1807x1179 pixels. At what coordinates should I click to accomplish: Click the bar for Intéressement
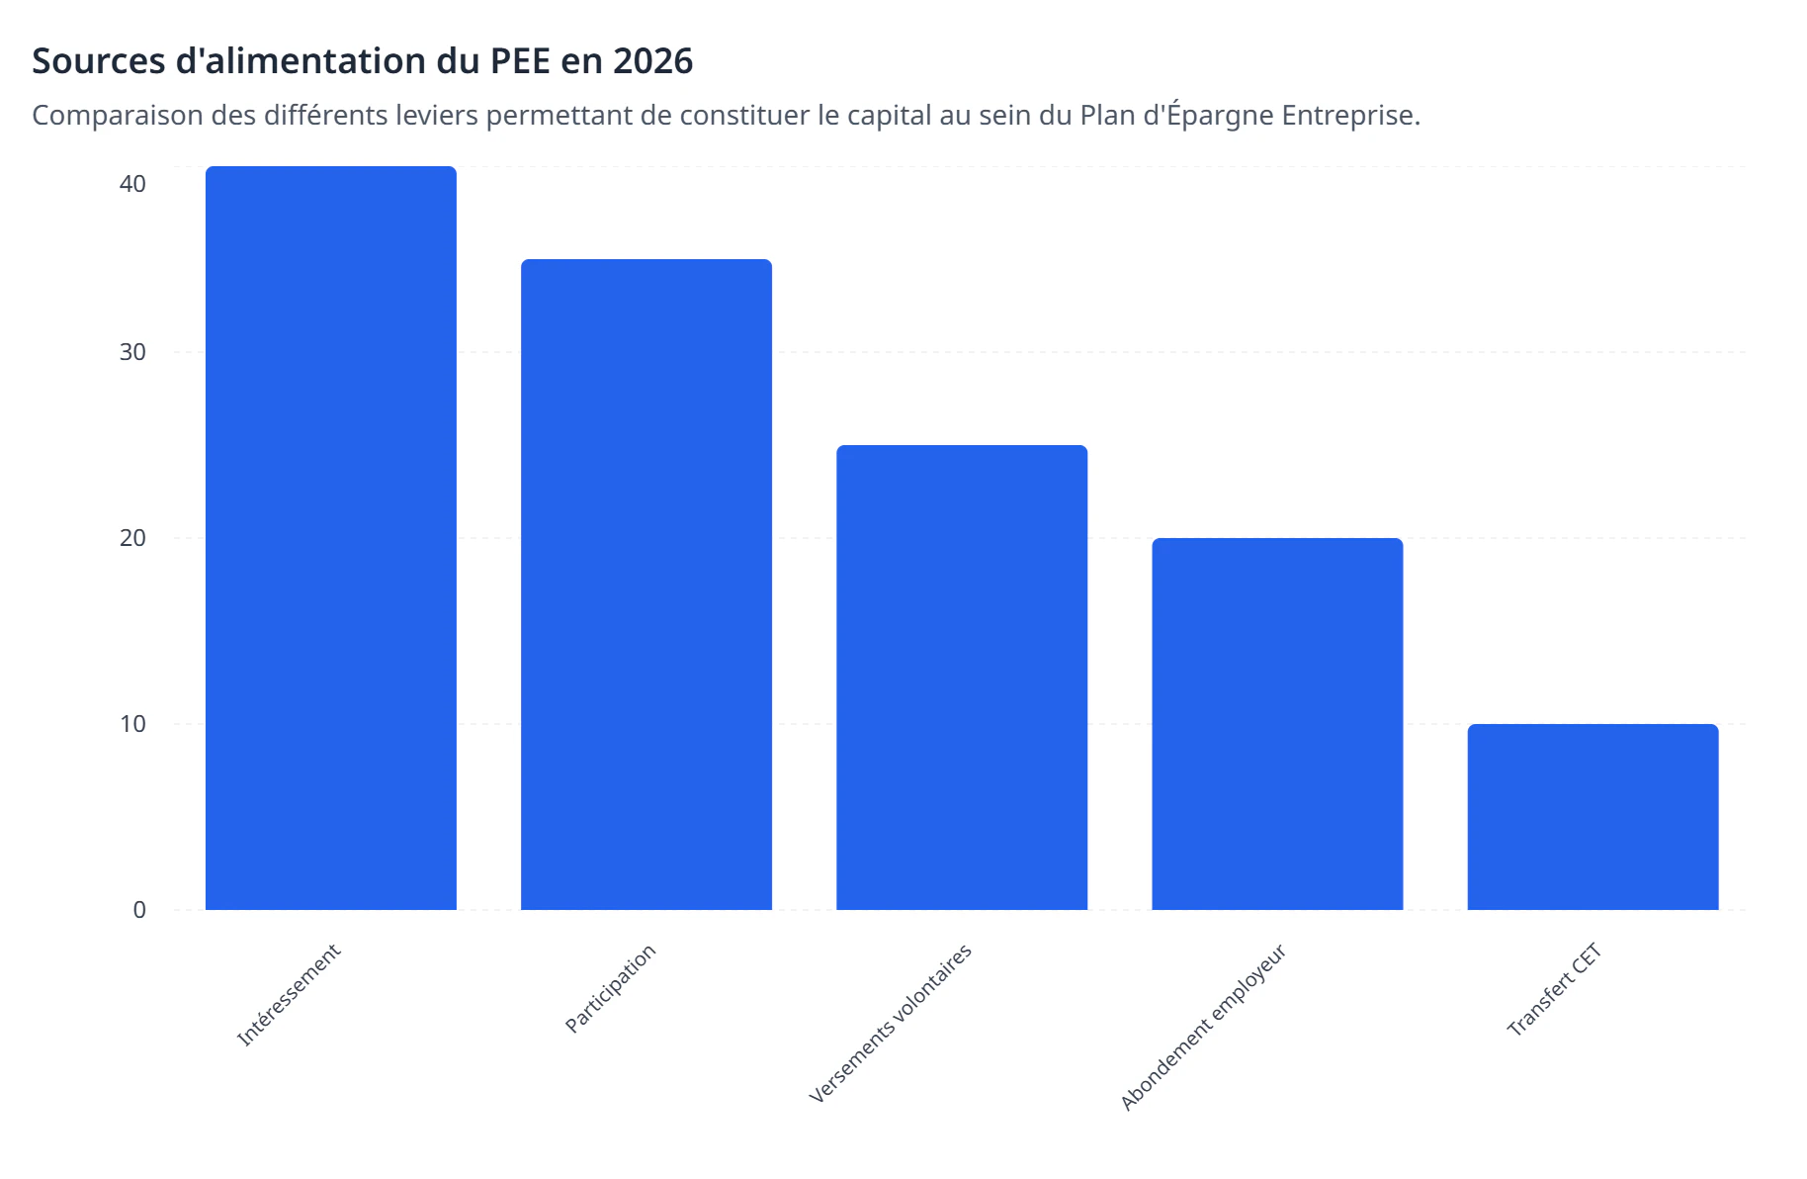(x=330, y=538)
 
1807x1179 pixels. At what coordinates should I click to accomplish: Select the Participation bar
(x=645, y=585)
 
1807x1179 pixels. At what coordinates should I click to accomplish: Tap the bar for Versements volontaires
(x=961, y=678)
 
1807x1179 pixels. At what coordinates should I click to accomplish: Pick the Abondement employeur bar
(x=1277, y=724)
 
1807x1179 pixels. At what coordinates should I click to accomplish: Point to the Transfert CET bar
(x=1592, y=817)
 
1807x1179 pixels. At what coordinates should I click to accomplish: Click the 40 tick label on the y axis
(x=132, y=184)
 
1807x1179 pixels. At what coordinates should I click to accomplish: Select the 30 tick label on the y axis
(x=132, y=352)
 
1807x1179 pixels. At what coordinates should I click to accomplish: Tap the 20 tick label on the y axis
(x=132, y=538)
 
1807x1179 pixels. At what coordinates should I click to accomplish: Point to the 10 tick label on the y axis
(x=132, y=724)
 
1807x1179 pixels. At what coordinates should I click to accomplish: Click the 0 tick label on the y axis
(x=139, y=910)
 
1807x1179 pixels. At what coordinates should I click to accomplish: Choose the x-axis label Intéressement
(x=289, y=994)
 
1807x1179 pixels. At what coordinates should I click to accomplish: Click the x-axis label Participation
(x=610, y=987)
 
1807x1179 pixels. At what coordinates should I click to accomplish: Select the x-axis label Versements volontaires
(x=891, y=1023)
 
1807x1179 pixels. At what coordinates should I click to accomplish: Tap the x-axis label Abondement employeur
(x=1203, y=1027)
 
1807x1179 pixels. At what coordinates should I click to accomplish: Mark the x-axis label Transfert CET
(x=1553, y=989)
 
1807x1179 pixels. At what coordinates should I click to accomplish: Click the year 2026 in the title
(x=652, y=61)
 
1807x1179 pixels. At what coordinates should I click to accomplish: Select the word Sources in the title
(x=99, y=61)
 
